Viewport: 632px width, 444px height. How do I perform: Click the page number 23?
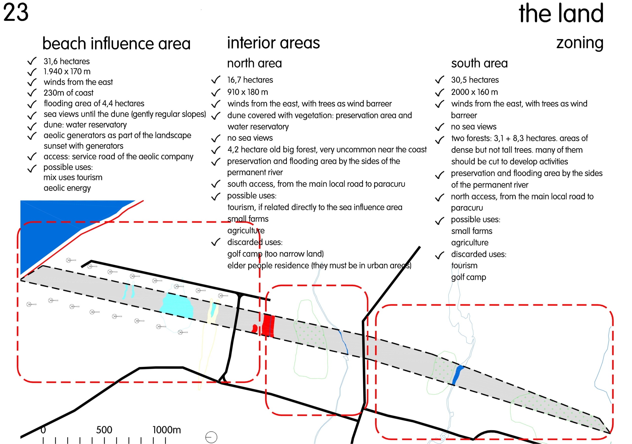coord(16,12)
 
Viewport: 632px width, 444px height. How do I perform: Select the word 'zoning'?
coord(580,43)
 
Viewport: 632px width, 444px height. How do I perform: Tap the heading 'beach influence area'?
coord(117,43)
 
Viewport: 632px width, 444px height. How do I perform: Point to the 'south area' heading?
coord(479,63)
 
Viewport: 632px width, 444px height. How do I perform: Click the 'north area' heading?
coord(254,63)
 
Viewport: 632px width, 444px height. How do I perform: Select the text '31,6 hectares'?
coord(67,61)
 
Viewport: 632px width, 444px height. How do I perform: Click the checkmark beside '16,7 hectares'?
coord(216,80)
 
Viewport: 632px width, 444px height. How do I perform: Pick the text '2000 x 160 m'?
coord(474,92)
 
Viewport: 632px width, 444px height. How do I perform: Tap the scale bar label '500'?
coord(104,430)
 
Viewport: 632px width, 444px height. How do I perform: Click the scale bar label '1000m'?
coord(167,430)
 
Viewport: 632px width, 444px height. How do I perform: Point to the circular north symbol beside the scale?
coord(211,437)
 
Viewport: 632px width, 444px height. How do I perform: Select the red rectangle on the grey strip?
coord(268,326)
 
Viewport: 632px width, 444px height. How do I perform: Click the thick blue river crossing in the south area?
coord(458,375)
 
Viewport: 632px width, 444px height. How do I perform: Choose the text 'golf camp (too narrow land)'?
coord(275,254)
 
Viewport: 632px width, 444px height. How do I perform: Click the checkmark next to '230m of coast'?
coord(32,93)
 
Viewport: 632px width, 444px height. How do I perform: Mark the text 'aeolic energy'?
coord(67,188)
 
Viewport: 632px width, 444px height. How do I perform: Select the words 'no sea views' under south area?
coord(474,127)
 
